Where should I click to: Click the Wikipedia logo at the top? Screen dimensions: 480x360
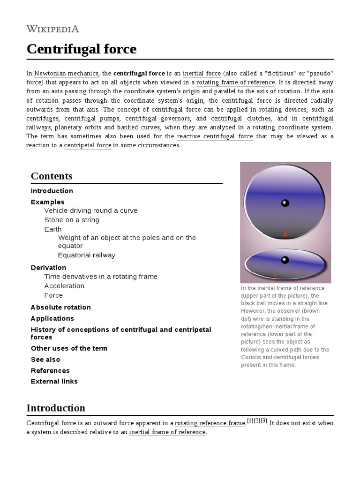52,29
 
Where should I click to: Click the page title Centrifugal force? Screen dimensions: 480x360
81,49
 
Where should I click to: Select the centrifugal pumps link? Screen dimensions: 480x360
92,118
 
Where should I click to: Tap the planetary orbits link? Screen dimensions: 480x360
78,127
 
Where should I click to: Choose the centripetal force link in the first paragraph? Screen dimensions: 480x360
88,145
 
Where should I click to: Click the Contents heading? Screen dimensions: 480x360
52,176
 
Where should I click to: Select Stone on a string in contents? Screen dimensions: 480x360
72,220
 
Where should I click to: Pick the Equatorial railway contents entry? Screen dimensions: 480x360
86,255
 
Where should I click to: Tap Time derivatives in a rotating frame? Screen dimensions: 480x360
101,277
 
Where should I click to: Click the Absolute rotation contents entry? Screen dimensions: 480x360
60,307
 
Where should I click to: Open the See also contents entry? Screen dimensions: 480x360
45,360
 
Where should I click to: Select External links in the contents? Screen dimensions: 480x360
54,381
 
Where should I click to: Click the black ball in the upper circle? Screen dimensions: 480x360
285,203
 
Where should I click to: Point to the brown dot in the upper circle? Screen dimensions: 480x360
285,234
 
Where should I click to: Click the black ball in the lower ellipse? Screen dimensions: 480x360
285,260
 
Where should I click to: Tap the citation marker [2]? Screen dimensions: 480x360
257,420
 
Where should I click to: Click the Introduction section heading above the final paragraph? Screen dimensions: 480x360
56,408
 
